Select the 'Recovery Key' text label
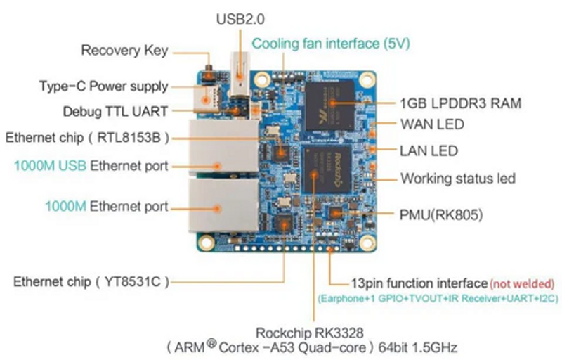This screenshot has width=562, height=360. pyautogui.click(x=124, y=51)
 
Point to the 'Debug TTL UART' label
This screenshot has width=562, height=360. pyautogui.click(x=115, y=111)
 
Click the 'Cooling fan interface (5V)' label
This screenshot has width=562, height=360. pyautogui.click(x=330, y=44)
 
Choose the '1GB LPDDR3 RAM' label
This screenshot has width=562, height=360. pyautogui.click(x=460, y=103)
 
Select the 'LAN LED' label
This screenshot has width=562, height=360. pyautogui.click(x=429, y=150)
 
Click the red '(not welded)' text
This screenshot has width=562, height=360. pyautogui.click(x=523, y=283)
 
